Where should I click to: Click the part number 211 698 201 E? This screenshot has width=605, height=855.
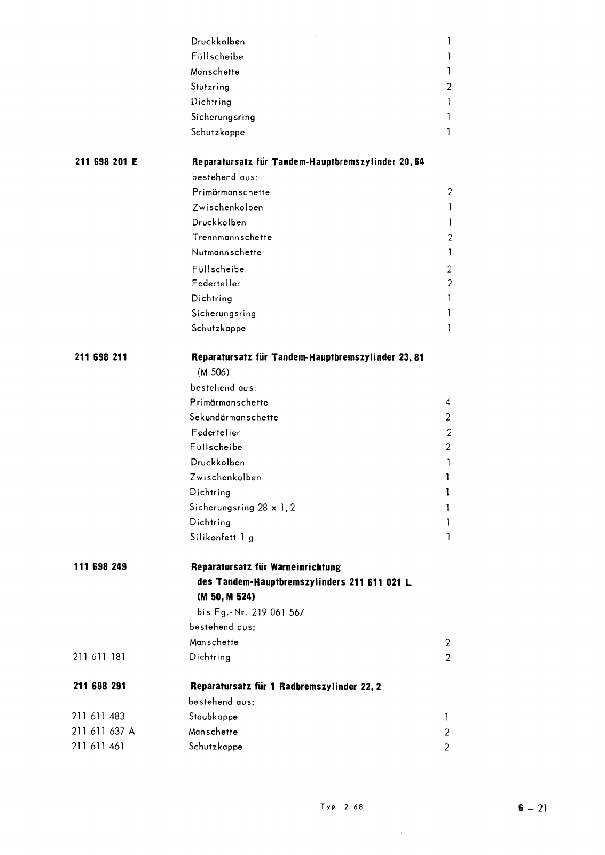click(x=106, y=161)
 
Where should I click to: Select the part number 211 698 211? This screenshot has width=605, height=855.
click(x=101, y=357)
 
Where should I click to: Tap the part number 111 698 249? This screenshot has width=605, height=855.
click(x=100, y=566)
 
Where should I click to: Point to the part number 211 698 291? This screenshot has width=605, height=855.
click(x=99, y=686)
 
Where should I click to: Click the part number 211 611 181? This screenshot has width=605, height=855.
click(x=99, y=657)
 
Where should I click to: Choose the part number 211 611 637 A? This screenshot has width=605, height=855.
click(x=103, y=732)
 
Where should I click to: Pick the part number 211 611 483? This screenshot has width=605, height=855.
click(x=98, y=717)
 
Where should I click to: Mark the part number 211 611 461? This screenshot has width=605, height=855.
click(x=98, y=747)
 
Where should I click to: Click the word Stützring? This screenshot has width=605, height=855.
click(x=210, y=87)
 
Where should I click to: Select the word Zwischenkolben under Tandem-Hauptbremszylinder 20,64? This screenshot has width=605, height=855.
click(x=227, y=207)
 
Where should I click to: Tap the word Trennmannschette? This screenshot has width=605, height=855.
click(x=232, y=237)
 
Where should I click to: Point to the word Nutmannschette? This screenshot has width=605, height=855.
click(x=226, y=252)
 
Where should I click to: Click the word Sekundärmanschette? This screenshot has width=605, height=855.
click(x=234, y=417)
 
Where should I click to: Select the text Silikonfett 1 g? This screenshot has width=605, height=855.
click(x=222, y=538)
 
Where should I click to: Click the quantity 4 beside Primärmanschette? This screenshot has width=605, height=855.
click(x=448, y=402)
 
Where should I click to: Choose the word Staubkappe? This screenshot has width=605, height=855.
click(x=213, y=717)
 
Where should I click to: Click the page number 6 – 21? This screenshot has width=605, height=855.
click(x=532, y=808)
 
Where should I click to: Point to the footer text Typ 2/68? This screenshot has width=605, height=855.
click(x=342, y=807)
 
